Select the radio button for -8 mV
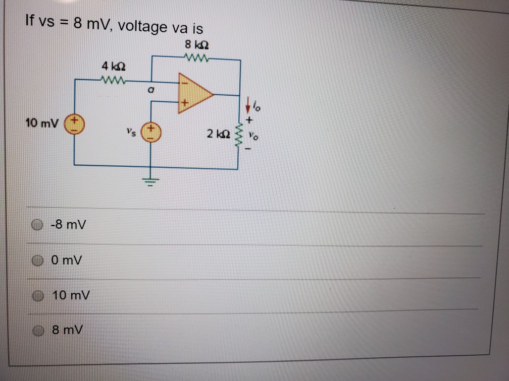[37, 225]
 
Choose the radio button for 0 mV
[37, 260]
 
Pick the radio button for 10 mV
[37, 296]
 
